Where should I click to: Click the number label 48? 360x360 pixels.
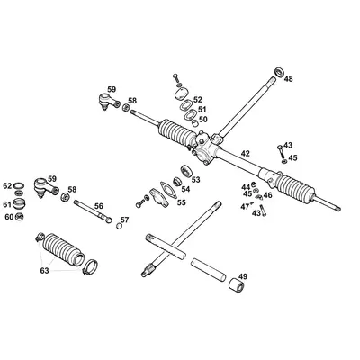288,79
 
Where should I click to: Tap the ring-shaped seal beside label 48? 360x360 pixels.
278,70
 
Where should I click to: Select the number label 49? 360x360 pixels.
242,276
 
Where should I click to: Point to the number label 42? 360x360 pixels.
246,153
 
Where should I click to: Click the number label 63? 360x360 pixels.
45,269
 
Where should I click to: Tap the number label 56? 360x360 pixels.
99,206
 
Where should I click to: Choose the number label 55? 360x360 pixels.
181,202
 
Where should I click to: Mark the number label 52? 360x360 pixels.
198,100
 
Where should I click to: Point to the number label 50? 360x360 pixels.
202,120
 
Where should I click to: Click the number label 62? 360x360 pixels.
7,185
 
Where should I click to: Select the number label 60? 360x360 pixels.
8,217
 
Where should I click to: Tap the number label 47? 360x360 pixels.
243,206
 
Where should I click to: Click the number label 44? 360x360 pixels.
246,185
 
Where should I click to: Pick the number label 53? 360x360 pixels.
195,180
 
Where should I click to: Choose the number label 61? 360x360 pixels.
7,204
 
